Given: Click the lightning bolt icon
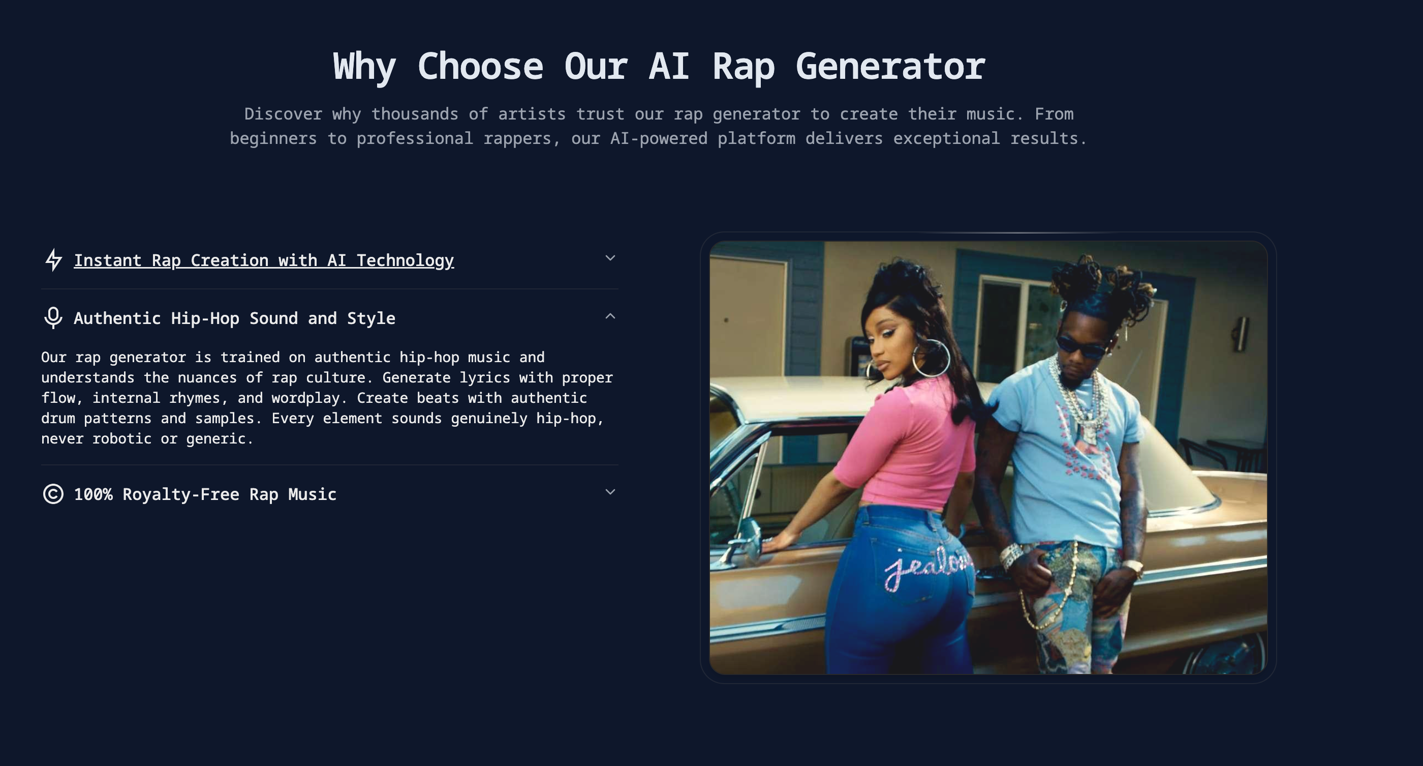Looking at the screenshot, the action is (53, 260).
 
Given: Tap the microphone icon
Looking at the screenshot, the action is (53, 318).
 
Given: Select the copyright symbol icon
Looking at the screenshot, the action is (53, 494).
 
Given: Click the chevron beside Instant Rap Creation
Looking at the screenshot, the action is (610, 257).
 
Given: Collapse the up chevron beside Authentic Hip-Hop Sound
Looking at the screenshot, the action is (610, 316).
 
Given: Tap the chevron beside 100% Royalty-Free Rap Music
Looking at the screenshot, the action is (610, 492).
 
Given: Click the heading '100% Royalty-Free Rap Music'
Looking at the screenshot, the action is (205, 494).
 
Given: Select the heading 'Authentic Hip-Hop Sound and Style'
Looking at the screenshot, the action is (234, 318).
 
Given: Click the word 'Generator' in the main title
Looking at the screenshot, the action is (890, 67).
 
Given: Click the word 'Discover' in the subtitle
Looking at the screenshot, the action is (283, 114).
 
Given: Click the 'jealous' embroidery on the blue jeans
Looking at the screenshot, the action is (927, 567).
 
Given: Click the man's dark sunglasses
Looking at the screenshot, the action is (1081, 346).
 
